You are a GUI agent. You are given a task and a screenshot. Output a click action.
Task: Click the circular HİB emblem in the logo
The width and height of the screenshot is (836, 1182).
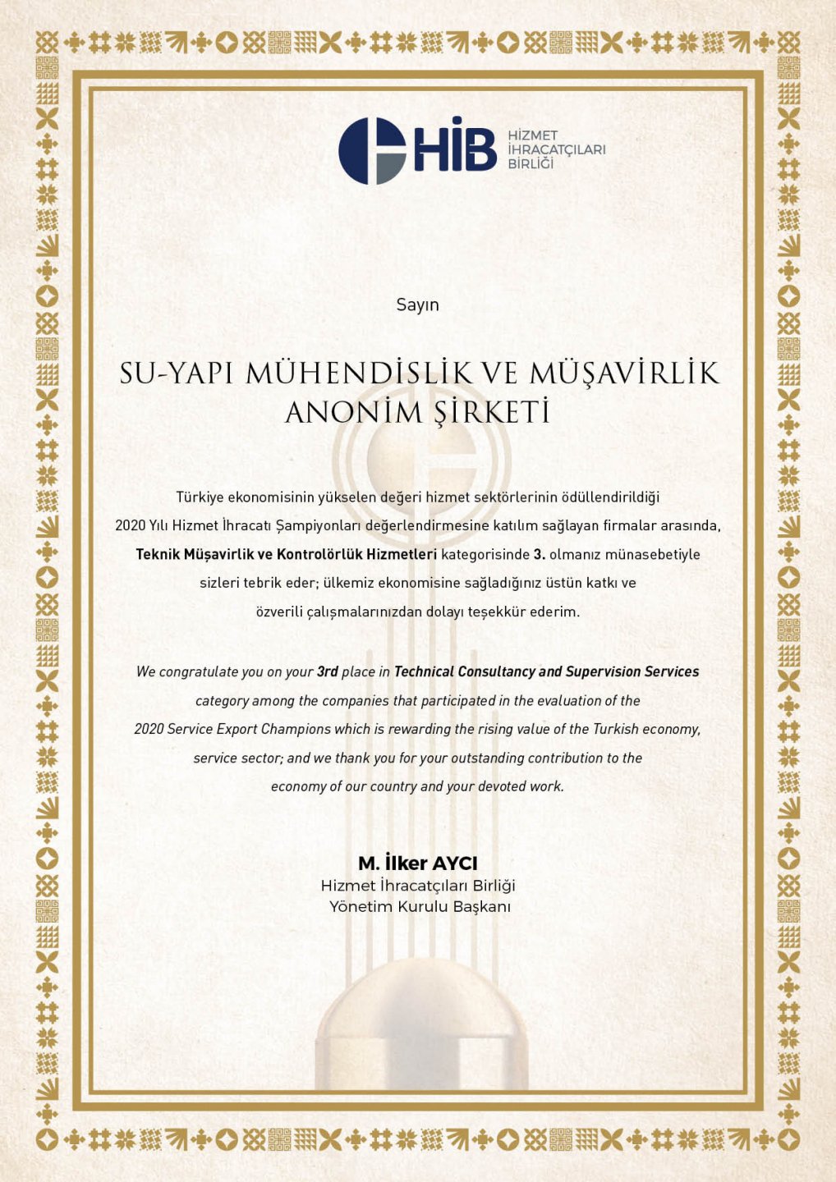[372, 151]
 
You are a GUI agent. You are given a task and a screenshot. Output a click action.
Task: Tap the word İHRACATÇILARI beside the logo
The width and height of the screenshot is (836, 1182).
[557, 149]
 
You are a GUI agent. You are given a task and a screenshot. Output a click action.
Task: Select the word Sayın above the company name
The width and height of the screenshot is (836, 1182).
[417, 305]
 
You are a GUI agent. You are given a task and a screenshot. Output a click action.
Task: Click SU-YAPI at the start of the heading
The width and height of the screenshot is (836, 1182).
[177, 373]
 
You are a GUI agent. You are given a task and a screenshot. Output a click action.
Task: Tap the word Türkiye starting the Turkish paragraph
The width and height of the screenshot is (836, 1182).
[200, 497]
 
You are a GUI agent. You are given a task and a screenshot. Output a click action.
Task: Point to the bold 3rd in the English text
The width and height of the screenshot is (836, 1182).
[328, 671]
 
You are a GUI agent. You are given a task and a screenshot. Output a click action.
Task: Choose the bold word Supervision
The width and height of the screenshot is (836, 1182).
[603, 671]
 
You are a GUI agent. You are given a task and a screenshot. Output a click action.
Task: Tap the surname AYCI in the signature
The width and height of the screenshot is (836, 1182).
[454, 864]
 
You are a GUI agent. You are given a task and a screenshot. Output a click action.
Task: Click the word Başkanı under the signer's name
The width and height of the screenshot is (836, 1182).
[480, 907]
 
